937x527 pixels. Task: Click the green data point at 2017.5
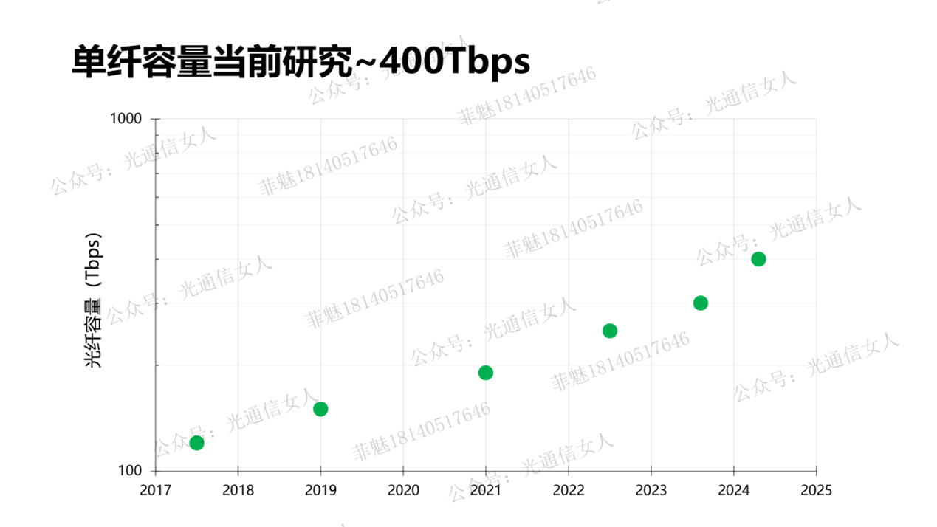pos(196,443)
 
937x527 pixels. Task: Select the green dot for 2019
pos(320,409)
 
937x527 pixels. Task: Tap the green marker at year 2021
pos(486,373)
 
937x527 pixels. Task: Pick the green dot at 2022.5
pos(610,331)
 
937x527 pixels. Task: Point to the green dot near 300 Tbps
pos(701,303)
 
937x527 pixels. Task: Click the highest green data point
pos(758,259)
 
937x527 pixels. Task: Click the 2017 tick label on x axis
pos(155,490)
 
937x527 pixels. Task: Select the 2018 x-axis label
pos(238,490)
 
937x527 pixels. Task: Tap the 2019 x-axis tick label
pos(320,490)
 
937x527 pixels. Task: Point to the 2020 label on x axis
pos(403,490)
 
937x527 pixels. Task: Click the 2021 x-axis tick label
pos(486,490)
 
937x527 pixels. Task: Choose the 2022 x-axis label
pos(569,490)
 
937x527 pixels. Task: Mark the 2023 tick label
pos(651,490)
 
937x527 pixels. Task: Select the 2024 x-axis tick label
pos(734,490)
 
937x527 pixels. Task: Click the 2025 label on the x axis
pos(816,490)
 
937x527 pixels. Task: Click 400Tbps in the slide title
pos(456,62)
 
